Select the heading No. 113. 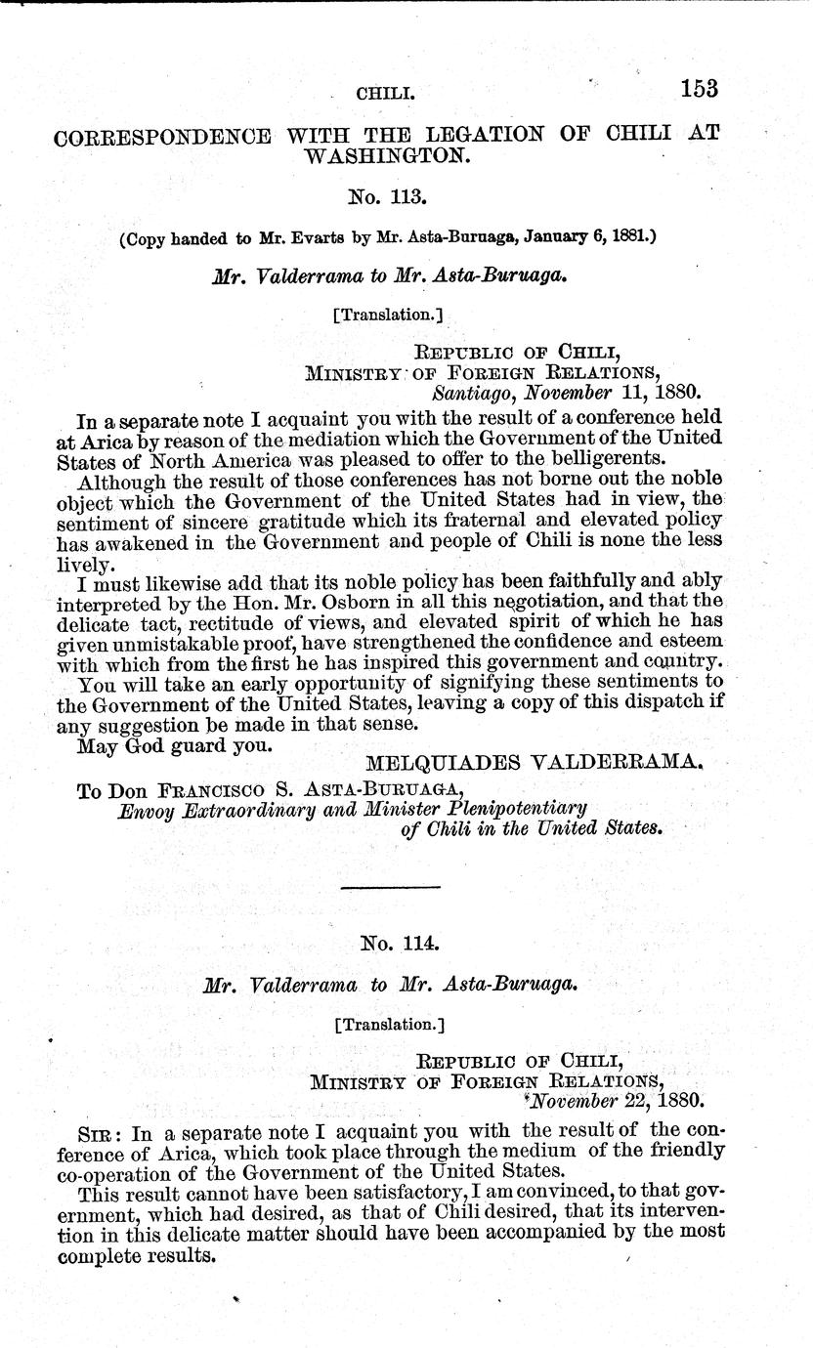coord(390,195)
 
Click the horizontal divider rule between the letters coord(391,886)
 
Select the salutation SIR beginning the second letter coord(95,1129)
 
